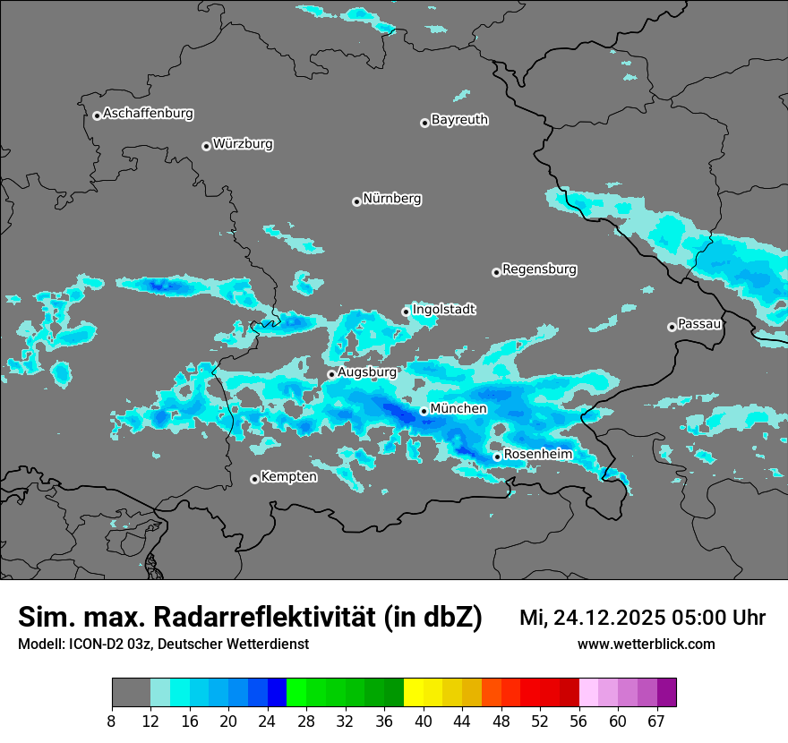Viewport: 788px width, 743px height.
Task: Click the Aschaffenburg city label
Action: [x=148, y=114]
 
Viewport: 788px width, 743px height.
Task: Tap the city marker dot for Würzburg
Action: [x=206, y=146]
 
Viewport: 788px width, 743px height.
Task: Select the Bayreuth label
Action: [x=459, y=119]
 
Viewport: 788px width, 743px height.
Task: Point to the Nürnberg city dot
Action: [x=356, y=201]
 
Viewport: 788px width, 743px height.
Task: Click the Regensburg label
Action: [x=539, y=269]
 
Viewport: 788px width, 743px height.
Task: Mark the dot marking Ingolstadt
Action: [x=406, y=312]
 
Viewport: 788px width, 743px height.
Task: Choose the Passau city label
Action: [x=699, y=323]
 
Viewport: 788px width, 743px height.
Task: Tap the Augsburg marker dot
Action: [x=331, y=374]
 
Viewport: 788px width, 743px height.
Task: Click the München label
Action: [x=458, y=408]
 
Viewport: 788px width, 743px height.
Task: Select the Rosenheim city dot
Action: [x=497, y=457]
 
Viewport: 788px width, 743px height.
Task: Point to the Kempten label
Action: [x=288, y=476]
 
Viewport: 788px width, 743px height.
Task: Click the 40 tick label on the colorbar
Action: [x=424, y=722]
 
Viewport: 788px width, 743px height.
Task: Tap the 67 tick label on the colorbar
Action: [x=656, y=722]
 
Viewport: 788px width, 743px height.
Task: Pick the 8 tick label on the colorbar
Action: [x=112, y=722]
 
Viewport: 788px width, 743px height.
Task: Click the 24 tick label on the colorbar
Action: [x=268, y=722]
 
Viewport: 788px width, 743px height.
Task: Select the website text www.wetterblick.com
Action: [x=646, y=644]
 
